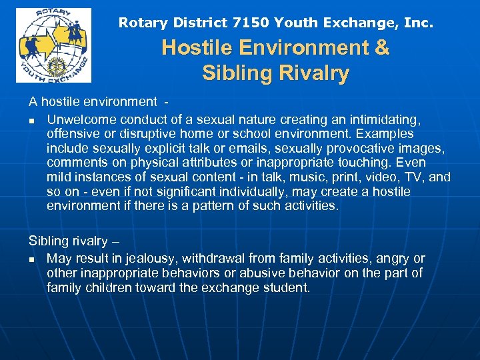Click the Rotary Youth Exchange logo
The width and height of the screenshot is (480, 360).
pyautogui.click(x=53, y=45)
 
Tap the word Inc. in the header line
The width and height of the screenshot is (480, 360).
pyautogui.click(x=419, y=23)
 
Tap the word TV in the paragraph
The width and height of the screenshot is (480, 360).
pyautogui.click(x=415, y=177)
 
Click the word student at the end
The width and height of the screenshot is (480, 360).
pyautogui.click(x=285, y=288)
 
